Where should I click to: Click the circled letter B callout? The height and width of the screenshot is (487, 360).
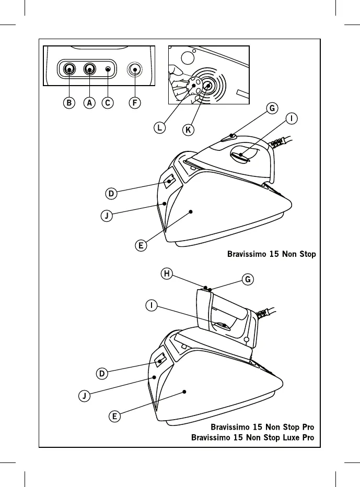coord(69,103)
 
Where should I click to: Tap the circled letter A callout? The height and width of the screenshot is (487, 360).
coord(89,103)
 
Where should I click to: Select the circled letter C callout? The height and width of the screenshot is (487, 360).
coord(108,103)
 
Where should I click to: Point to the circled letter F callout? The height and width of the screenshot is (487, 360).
coord(135,103)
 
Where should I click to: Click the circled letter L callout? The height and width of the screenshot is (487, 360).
coord(159,128)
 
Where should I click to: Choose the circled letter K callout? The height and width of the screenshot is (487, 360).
coord(188,129)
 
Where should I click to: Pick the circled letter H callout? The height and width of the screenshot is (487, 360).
coord(167,274)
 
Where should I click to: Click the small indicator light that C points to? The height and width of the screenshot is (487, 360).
coord(108,69)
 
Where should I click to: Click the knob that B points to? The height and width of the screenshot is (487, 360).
coord(69,69)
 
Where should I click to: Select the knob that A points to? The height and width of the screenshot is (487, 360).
coord(89,69)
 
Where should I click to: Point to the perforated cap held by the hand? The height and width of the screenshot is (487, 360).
coord(194,85)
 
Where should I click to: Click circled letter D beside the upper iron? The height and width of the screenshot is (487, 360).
coord(111,194)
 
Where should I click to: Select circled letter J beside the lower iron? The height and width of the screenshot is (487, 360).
coord(84,396)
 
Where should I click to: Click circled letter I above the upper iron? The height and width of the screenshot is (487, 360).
coord(292,118)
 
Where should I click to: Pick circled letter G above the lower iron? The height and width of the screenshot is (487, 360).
coord(248,279)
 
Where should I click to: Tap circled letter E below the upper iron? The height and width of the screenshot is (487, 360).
coord(141,246)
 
